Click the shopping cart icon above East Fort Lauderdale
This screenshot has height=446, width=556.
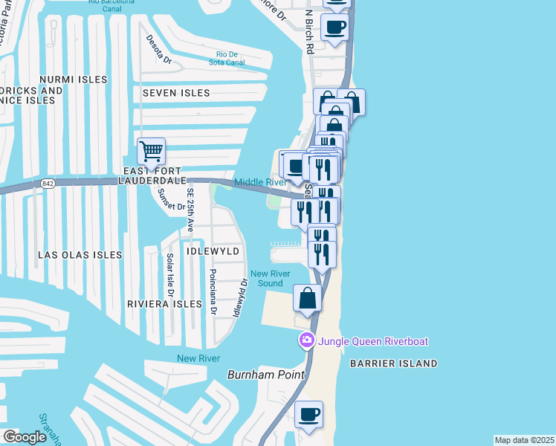pyautogui.click(x=151, y=152)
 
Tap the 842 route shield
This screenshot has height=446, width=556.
pyautogui.click(x=48, y=184)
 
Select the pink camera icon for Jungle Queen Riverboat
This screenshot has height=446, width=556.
pyautogui.click(x=306, y=341)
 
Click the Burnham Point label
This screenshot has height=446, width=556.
pyautogui.click(x=266, y=375)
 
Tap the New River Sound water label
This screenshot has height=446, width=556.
pyautogui.click(x=270, y=279)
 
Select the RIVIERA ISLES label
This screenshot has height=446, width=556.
pyautogui.click(x=164, y=304)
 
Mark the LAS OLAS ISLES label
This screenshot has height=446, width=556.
pyautogui.click(x=80, y=255)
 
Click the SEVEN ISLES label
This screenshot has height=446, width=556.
pyautogui.click(x=171, y=93)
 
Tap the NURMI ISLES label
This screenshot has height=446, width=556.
pyautogui.click(x=74, y=79)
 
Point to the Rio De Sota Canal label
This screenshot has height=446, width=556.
pyautogui.click(x=230, y=58)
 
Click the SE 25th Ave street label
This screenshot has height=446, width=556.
pyautogui.click(x=190, y=211)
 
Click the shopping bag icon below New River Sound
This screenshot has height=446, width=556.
pyautogui.click(x=308, y=298)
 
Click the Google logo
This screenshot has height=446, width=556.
pyautogui.click(x=25, y=437)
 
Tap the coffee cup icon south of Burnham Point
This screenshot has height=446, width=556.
pyautogui.click(x=308, y=414)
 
